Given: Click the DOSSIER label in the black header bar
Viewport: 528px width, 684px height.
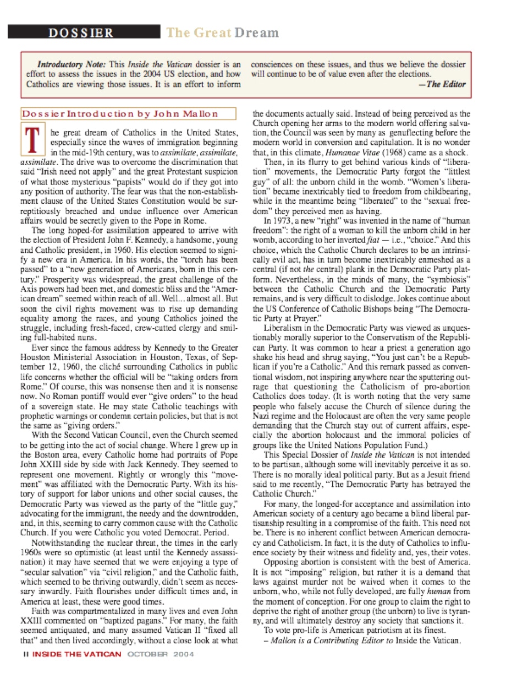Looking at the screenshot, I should click(x=80, y=32).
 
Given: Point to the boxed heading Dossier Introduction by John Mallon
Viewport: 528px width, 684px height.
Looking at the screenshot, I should click(x=120, y=114).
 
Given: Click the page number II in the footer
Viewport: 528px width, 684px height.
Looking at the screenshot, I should click(x=25, y=654).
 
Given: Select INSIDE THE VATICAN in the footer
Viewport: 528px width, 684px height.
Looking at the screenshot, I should click(x=76, y=654).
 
